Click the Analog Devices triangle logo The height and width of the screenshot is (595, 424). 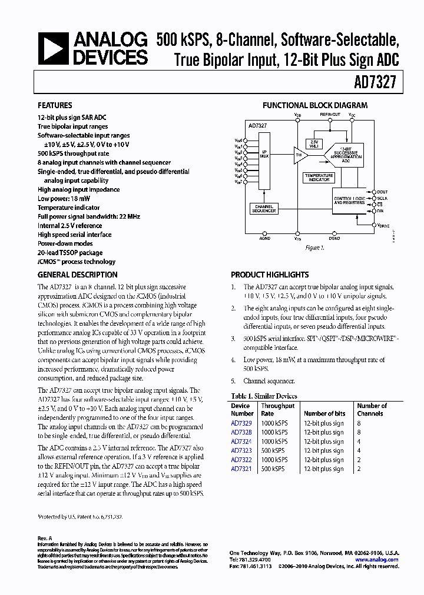click(52, 49)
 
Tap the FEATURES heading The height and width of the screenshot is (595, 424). click(55, 106)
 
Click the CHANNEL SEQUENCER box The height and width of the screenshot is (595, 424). click(264, 209)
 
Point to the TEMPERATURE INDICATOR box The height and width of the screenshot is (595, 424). click(319, 177)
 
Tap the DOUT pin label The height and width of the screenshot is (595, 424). click(382, 192)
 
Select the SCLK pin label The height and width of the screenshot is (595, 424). click(382, 198)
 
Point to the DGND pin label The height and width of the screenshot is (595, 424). click(334, 239)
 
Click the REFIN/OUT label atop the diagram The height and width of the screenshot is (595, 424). click(330, 115)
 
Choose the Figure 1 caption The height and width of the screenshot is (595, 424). click(315, 248)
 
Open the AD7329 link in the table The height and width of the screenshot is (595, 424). click(241, 423)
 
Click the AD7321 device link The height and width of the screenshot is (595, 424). click(241, 469)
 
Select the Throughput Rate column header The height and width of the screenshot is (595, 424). click(277, 409)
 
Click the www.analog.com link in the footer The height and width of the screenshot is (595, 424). click(377, 560)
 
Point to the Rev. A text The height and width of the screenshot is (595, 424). click(45, 538)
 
